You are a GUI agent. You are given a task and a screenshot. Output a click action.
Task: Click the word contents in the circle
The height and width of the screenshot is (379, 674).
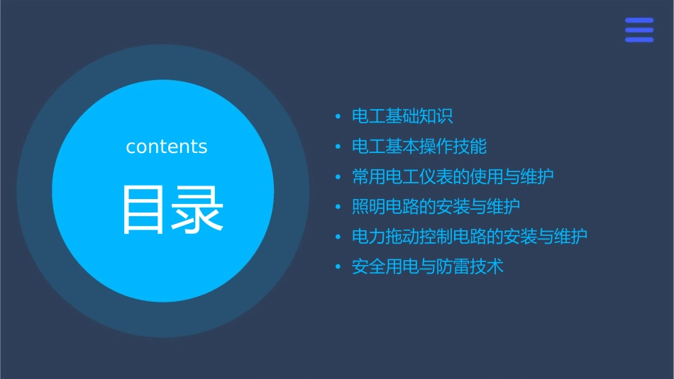[x=167, y=147]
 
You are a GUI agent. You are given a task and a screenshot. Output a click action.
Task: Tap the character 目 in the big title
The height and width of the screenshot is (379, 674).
[x=143, y=210]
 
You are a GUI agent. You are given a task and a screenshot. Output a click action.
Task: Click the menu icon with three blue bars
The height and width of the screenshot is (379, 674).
[x=639, y=30]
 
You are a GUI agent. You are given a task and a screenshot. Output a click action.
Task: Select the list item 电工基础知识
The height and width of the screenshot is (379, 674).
[x=402, y=116]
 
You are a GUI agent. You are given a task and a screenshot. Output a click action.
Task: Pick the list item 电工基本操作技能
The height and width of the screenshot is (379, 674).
[x=419, y=147]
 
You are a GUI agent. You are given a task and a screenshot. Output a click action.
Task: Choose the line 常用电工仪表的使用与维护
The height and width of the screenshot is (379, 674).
[x=453, y=176]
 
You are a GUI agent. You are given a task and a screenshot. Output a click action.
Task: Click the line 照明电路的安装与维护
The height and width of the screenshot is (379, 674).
[x=436, y=207]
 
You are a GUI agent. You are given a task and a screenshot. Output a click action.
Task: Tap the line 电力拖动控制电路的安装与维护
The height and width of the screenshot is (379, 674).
[x=470, y=237]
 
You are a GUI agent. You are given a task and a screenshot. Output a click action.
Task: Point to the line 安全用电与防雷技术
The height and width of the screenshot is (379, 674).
[x=427, y=267]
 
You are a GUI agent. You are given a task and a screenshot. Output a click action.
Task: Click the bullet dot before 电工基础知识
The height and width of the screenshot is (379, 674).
[x=338, y=117]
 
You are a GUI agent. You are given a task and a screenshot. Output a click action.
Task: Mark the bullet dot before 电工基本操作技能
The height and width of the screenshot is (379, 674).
[x=338, y=147]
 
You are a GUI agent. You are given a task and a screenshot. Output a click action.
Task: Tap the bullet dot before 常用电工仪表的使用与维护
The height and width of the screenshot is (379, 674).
[x=338, y=177]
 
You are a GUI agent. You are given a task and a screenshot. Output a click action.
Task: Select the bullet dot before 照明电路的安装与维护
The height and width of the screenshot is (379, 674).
[x=338, y=208]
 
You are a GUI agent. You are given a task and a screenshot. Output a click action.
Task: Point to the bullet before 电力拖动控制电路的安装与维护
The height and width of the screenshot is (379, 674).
[x=338, y=237]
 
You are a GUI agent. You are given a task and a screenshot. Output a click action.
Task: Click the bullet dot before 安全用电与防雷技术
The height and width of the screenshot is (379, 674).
[x=338, y=268]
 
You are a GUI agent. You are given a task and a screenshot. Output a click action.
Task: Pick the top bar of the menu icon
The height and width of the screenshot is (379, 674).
[x=639, y=20]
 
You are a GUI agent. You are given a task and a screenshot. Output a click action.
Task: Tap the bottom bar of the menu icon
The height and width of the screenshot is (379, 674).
[x=639, y=40]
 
